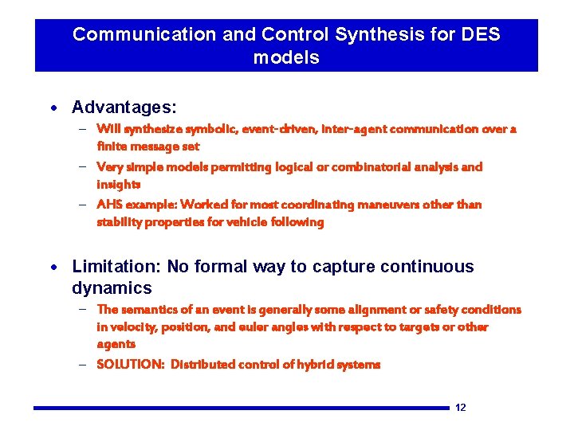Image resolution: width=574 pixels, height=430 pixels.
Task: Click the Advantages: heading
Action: click(x=124, y=107)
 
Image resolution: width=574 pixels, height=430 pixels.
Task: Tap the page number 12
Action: click(x=460, y=408)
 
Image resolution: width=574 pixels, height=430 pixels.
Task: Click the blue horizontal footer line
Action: click(x=239, y=408)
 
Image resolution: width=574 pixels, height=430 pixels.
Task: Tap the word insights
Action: click(x=118, y=185)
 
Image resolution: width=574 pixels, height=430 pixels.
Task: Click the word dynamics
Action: click(x=112, y=287)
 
